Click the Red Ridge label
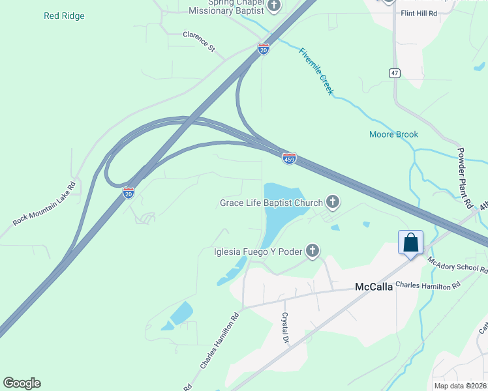(x=64, y=16)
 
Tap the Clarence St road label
(x=198, y=41)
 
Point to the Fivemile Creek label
(x=316, y=72)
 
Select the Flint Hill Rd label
(x=419, y=13)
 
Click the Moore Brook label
(x=393, y=134)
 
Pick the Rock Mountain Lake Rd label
(x=44, y=204)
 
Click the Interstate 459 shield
(x=290, y=158)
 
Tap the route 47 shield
(x=395, y=73)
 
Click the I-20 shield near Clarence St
(x=263, y=50)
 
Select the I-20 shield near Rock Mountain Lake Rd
(x=129, y=193)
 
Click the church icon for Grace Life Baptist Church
(x=333, y=203)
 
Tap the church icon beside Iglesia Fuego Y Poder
(x=313, y=251)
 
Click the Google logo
(x=22, y=383)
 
